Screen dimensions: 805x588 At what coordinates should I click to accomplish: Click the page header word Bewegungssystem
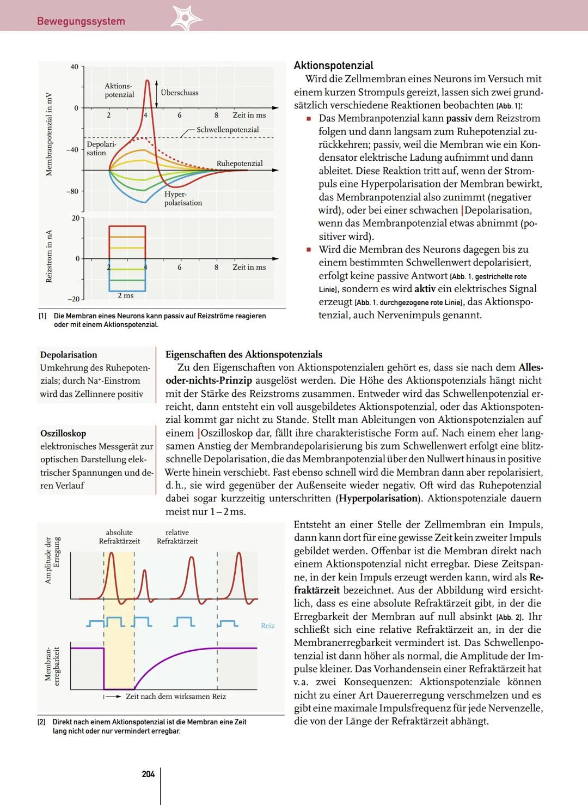[81, 21]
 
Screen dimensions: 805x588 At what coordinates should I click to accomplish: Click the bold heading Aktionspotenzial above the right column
[333, 65]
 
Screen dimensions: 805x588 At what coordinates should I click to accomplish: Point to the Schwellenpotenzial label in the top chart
[228, 130]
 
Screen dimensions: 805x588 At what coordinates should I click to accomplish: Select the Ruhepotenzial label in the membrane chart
[240, 164]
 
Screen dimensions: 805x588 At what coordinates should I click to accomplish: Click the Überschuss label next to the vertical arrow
[180, 93]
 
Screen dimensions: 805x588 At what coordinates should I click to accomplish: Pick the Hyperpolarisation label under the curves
[183, 198]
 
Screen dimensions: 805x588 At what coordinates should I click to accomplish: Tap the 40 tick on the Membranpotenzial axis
[75, 67]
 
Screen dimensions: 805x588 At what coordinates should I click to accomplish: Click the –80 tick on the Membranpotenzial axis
[72, 191]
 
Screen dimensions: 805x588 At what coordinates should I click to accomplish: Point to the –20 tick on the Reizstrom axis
[73, 299]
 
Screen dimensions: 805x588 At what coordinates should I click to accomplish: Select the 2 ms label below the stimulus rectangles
[126, 295]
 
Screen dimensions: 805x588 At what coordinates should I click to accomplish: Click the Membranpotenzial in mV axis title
[49, 134]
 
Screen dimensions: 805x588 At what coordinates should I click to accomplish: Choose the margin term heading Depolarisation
[69, 355]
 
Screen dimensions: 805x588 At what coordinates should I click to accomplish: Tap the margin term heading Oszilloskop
[63, 433]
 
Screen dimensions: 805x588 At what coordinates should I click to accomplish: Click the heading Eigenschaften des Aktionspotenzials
[244, 355]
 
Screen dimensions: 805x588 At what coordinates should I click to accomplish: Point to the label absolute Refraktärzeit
[119, 537]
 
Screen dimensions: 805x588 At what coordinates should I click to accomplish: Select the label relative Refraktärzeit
[177, 537]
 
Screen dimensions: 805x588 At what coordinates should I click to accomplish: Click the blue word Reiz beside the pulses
[267, 626]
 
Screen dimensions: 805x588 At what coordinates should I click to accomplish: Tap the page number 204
[148, 774]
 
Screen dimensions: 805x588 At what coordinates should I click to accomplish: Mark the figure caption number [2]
[41, 722]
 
